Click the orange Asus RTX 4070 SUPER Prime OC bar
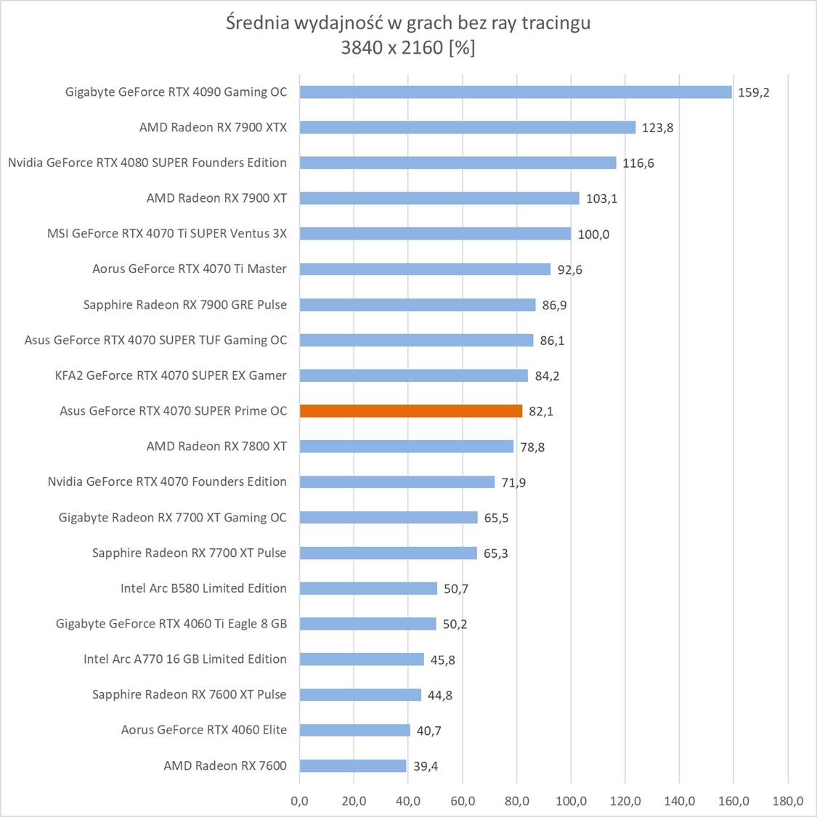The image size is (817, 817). point(411,411)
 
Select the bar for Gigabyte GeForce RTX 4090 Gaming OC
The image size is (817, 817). point(516,92)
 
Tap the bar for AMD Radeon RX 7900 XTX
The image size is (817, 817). point(468,128)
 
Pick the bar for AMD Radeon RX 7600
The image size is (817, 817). point(353,765)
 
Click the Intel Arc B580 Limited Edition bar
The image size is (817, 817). point(368,588)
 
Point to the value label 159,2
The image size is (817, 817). point(753,93)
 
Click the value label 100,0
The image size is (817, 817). point(593,234)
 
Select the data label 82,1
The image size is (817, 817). point(541,412)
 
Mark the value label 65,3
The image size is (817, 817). point(495,553)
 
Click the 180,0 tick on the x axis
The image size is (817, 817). point(788,801)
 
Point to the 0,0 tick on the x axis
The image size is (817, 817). point(299,801)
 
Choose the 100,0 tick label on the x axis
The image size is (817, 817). point(571,801)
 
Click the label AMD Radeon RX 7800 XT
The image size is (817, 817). point(216,447)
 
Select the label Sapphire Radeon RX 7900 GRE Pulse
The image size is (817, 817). point(185,305)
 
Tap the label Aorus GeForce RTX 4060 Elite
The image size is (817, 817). point(204,730)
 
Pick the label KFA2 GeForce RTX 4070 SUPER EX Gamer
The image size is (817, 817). point(171,375)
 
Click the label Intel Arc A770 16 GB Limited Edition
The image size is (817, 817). point(185,659)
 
